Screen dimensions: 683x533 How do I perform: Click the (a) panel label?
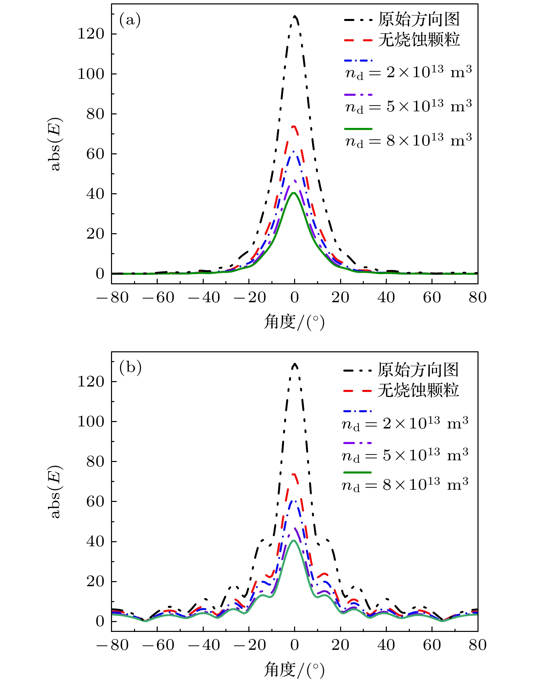click(x=130, y=20)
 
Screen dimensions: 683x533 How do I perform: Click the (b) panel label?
click(x=130, y=368)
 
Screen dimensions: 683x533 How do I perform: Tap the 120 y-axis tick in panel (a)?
click(x=91, y=34)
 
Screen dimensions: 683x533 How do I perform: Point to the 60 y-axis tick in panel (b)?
click(x=95, y=501)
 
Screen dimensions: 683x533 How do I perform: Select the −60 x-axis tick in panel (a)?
click(x=158, y=298)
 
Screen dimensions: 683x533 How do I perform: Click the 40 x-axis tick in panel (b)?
click(x=386, y=645)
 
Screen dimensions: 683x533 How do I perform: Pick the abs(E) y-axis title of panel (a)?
click(x=55, y=144)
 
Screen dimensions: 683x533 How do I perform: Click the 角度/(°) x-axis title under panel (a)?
click(x=294, y=322)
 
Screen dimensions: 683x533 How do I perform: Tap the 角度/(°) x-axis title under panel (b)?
click(x=294, y=670)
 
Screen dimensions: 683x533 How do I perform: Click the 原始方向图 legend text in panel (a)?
click(x=419, y=19)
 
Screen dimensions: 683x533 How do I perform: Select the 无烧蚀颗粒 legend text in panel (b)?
click(x=418, y=390)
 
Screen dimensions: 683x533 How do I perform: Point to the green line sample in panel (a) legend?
click(x=358, y=129)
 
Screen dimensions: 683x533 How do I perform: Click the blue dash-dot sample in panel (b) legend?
click(x=357, y=411)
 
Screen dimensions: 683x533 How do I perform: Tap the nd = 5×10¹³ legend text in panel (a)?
click(x=408, y=106)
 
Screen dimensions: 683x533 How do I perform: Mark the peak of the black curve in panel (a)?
click(x=295, y=16)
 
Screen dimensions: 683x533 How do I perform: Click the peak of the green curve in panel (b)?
click(x=294, y=541)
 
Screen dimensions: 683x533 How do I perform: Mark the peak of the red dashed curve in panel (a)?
click(x=294, y=127)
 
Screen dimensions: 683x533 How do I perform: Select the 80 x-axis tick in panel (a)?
click(x=478, y=298)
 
